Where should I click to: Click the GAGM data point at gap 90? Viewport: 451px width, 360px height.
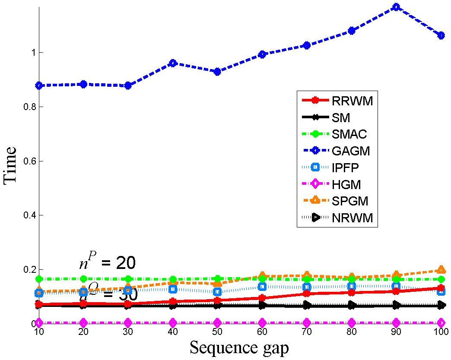pos(396,7)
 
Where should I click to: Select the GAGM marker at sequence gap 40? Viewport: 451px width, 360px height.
pos(173,63)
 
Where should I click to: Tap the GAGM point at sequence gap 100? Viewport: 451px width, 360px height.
pos(441,35)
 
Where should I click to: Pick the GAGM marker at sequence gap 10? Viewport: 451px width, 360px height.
pos(39,85)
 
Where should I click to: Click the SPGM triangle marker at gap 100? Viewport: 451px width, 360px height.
pos(441,270)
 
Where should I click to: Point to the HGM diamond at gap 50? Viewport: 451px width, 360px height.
pos(217,322)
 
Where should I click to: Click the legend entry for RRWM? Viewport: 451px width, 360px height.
pos(352,101)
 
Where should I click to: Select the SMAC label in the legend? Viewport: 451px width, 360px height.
pos(349,134)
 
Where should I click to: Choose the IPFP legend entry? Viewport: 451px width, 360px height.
pos(346,168)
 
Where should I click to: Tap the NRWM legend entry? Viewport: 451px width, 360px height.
pos(352,218)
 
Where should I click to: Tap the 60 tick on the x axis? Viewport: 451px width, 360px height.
pos(262,333)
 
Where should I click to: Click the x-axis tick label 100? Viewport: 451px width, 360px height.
pos(440,333)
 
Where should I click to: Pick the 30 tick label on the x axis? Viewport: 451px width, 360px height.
pos(128,333)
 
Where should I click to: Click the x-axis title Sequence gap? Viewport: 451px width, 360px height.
pos(239,348)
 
